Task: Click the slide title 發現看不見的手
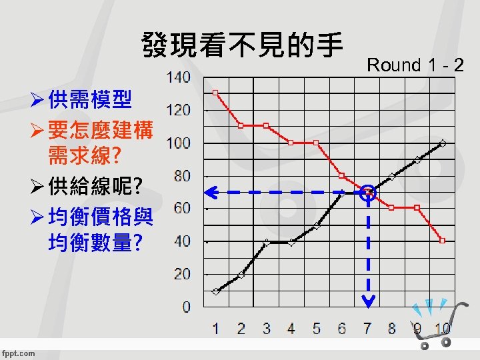point(241,45)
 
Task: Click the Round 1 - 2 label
point(415,65)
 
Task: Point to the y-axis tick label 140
point(178,77)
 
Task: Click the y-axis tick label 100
point(178,143)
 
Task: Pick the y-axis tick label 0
point(185,307)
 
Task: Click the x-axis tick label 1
point(215,328)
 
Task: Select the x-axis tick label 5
point(317,328)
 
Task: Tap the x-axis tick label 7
point(367,328)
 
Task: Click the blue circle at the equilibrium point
point(368,193)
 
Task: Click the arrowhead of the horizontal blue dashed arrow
point(209,193)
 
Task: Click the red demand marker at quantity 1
point(215,93)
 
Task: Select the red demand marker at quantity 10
point(443,240)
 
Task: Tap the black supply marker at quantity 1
point(215,291)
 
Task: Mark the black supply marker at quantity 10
point(443,143)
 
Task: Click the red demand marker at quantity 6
point(341,175)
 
